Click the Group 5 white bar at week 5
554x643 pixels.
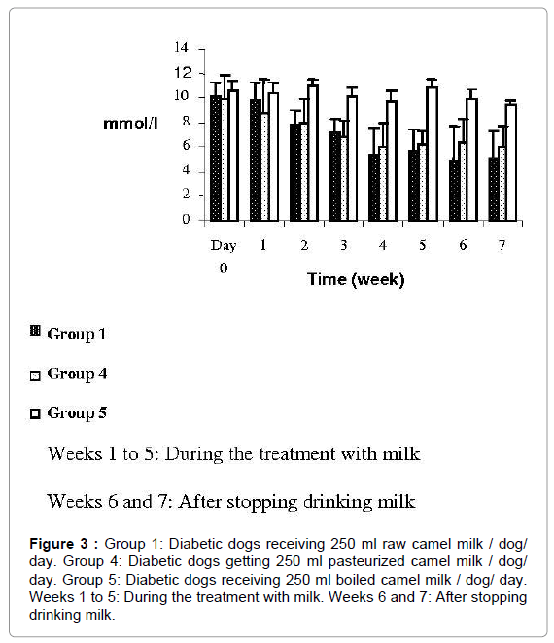432,154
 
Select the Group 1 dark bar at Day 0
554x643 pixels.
216,159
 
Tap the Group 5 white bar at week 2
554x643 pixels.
313,153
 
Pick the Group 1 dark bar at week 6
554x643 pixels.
455,191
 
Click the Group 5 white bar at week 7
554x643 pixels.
511,162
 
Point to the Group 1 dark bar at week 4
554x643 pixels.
374,188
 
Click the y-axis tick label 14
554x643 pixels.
181,47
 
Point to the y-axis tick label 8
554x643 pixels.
186,122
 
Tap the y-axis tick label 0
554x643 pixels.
186,220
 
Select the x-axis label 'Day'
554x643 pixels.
224,246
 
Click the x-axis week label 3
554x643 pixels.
343,245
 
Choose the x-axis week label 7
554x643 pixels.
502,245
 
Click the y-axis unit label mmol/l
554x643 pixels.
130,124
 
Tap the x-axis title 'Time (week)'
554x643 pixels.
356,280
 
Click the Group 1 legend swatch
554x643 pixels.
35,331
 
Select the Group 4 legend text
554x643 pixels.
77,374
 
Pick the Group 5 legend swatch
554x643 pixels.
35,413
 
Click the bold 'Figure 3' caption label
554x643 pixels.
58,544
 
